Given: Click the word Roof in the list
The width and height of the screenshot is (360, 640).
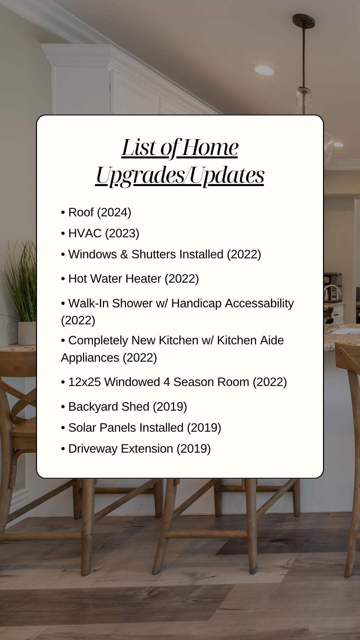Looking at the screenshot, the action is point(81,212).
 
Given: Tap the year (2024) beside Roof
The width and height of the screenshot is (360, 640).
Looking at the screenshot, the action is point(114,212).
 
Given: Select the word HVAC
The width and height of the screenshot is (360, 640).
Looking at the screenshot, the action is point(85,233).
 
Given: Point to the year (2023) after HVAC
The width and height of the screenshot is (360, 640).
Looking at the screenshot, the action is point(122,233).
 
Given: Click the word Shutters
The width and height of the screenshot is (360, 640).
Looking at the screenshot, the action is point(154,254).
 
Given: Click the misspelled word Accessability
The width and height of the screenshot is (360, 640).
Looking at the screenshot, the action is point(259,303).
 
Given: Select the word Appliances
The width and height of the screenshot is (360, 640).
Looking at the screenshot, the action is point(90,358).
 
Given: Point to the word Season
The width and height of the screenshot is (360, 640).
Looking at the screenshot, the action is point(194,382).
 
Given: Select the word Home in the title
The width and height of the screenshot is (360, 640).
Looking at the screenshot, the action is point(210,147).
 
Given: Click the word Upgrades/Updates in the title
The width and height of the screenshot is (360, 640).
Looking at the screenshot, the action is point(180,175).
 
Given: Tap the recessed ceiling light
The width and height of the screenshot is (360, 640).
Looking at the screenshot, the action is point(264,70).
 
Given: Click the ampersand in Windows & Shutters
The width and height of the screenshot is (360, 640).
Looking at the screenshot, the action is point(124,254).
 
